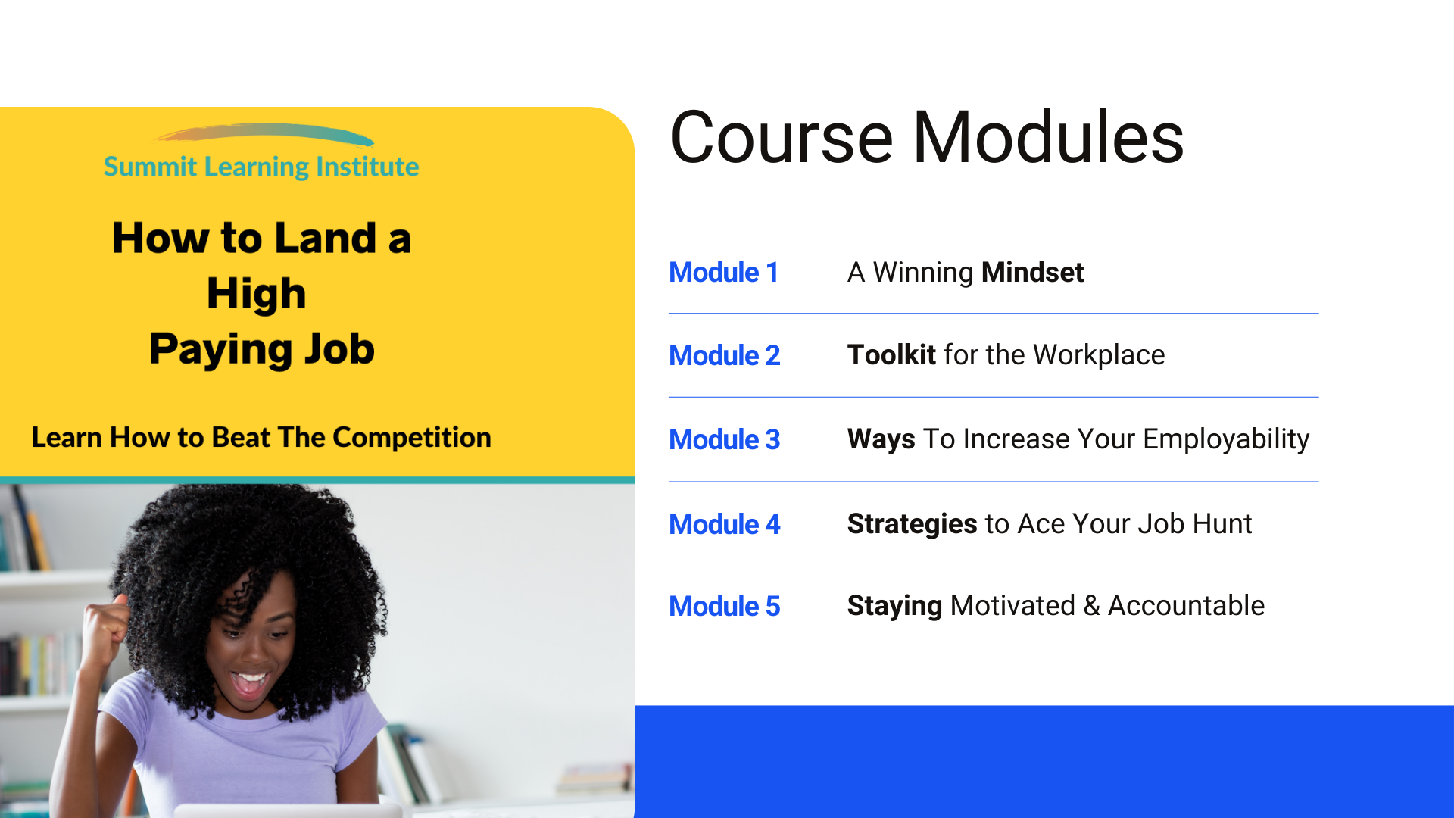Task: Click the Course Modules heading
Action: pos(927,137)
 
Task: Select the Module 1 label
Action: pos(723,273)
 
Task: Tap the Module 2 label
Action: pos(724,356)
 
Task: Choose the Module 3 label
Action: pos(724,440)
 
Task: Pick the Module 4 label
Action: pos(724,525)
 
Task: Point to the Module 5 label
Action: pos(724,607)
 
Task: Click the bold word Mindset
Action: pos(1032,273)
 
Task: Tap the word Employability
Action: pos(1226,440)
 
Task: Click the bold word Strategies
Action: pos(913,524)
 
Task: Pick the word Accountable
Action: pos(1186,606)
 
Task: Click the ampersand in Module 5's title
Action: pos(1091,606)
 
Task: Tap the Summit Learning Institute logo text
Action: pos(261,167)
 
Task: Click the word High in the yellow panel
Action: pos(257,294)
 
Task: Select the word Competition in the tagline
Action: pos(412,438)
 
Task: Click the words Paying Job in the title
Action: pos(262,349)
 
